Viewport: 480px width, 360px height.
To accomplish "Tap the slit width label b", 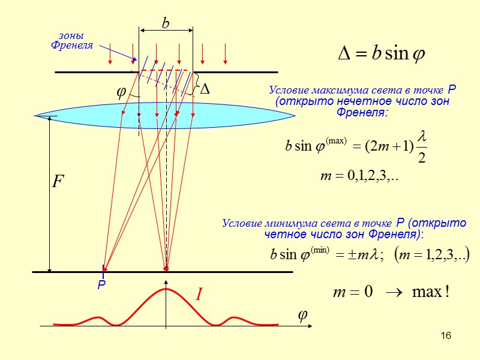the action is (x=166, y=23).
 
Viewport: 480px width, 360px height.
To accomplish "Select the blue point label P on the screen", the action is (x=101, y=287).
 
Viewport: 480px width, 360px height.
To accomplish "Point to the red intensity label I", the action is (x=199, y=295).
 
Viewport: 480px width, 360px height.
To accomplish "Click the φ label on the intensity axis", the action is (x=303, y=316).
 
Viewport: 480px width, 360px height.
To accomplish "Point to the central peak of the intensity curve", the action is (x=166, y=290).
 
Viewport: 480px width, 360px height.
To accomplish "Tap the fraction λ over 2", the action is (x=421, y=147).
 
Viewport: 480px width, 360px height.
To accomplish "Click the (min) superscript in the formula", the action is (x=320, y=250).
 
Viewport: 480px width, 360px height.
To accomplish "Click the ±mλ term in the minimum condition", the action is (x=359, y=255).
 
